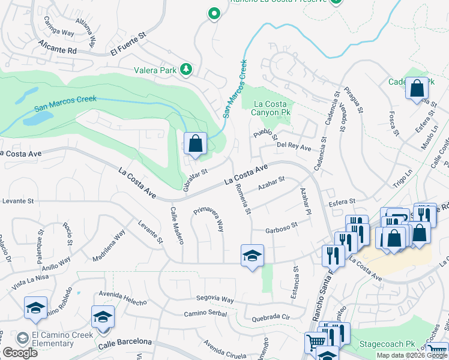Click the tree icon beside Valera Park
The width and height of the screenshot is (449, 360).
(x=186, y=70)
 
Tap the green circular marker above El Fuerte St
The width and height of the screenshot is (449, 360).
(x=213, y=14)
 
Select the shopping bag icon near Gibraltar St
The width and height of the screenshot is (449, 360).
(x=195, y=144)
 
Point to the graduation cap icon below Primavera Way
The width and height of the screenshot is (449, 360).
(x=253, y=256)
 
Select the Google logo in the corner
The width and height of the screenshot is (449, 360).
(x=20, y=352)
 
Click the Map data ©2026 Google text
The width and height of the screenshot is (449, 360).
(x=412, y=355)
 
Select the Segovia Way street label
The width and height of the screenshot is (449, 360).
(x=214, y=299)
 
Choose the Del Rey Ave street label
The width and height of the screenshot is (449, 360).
(x=294, y=146)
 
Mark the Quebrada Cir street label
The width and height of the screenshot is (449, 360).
(x=271, y=318)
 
